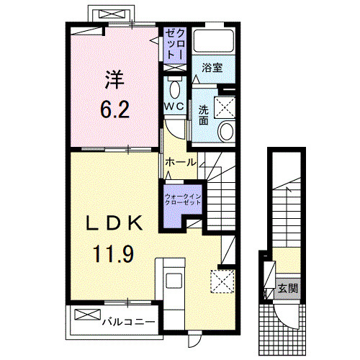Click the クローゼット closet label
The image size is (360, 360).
point(175,45)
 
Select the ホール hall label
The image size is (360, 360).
point(180,163)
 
